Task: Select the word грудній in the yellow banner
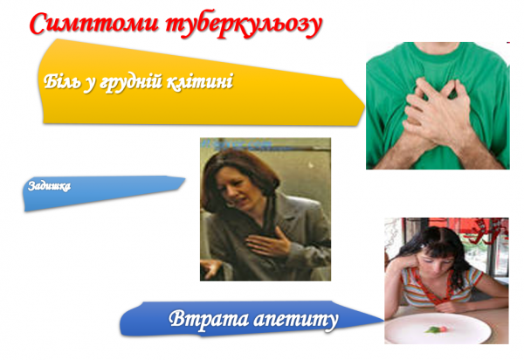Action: click(x=133, y=82)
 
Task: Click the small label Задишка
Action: click(x=49, y=186)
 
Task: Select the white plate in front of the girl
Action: click(x=437, y=331)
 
